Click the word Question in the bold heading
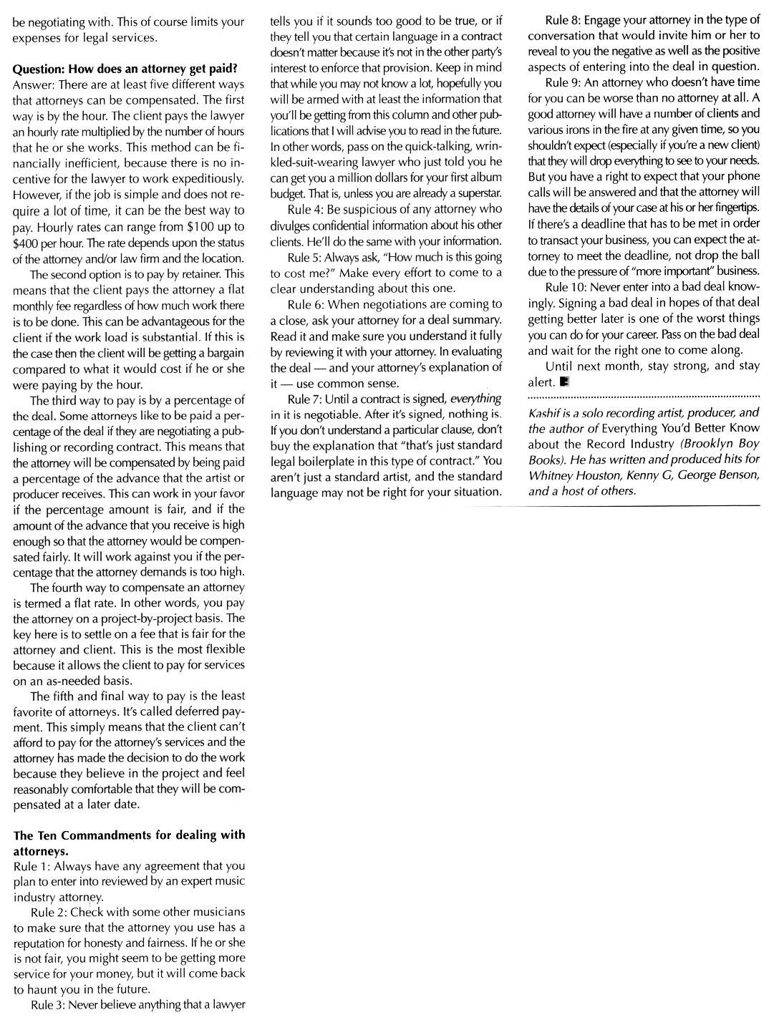pyautogui.click(x=39, y=69)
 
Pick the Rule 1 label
pyautogui.click(x=31, y=866)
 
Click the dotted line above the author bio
pyautogui.click(x=643, y=396)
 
